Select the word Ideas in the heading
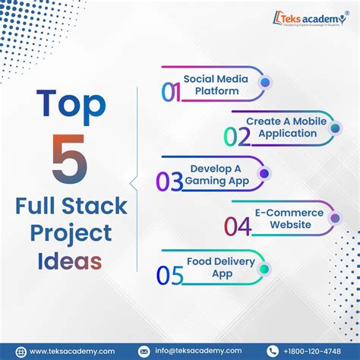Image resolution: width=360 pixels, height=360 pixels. pos(70,261)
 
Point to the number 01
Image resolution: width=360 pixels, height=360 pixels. pos(171,92)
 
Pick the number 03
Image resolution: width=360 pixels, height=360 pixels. pos(169,181)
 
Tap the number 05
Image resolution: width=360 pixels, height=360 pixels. pos(169,274)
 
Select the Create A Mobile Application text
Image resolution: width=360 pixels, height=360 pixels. pos(281,128)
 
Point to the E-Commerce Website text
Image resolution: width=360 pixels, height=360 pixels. pos(289,219)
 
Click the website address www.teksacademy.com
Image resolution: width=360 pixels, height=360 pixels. pos(71,351)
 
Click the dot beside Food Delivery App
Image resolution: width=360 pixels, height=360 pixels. pos(264,268)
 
